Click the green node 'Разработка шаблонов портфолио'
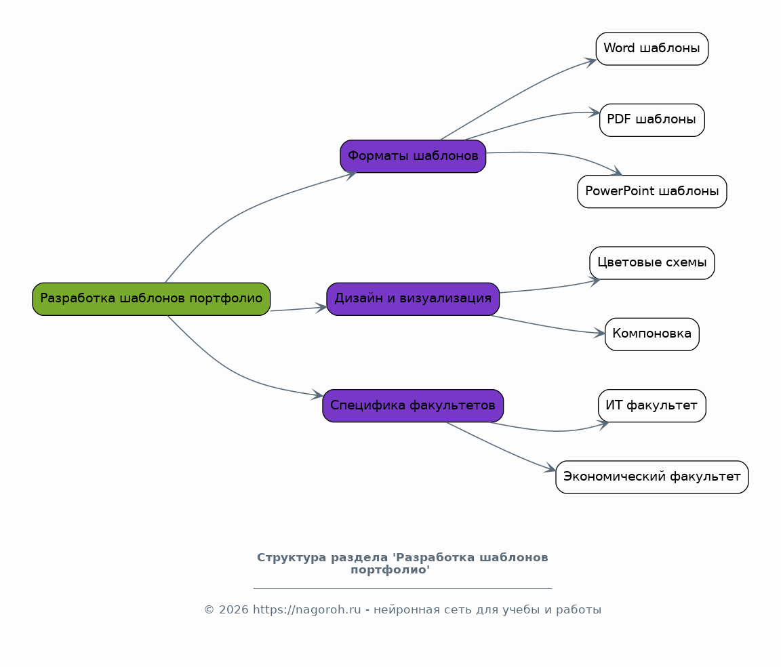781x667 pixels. point(151,299)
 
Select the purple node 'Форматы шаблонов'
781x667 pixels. point(413,157)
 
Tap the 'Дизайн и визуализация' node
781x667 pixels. point(413,299)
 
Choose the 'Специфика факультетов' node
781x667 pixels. point(413,406)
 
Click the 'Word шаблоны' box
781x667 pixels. point(652,49)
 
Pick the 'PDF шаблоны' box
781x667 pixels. point(652,120)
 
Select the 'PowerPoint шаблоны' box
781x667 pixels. point(652,192)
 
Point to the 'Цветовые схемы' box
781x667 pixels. point(652,263)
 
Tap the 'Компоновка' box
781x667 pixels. point(652,334)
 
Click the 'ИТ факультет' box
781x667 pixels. point(652,406)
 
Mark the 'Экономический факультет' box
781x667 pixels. point(652,477)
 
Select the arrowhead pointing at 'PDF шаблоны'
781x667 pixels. point(595,113)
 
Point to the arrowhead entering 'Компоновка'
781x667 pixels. point(600,333)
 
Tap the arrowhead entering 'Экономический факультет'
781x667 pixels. point(550,468)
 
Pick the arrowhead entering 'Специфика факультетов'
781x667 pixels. point(317,395)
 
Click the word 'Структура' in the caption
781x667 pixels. point(291,558)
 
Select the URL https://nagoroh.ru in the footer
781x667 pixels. point(306,610)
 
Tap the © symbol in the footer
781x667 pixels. point(209,610)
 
